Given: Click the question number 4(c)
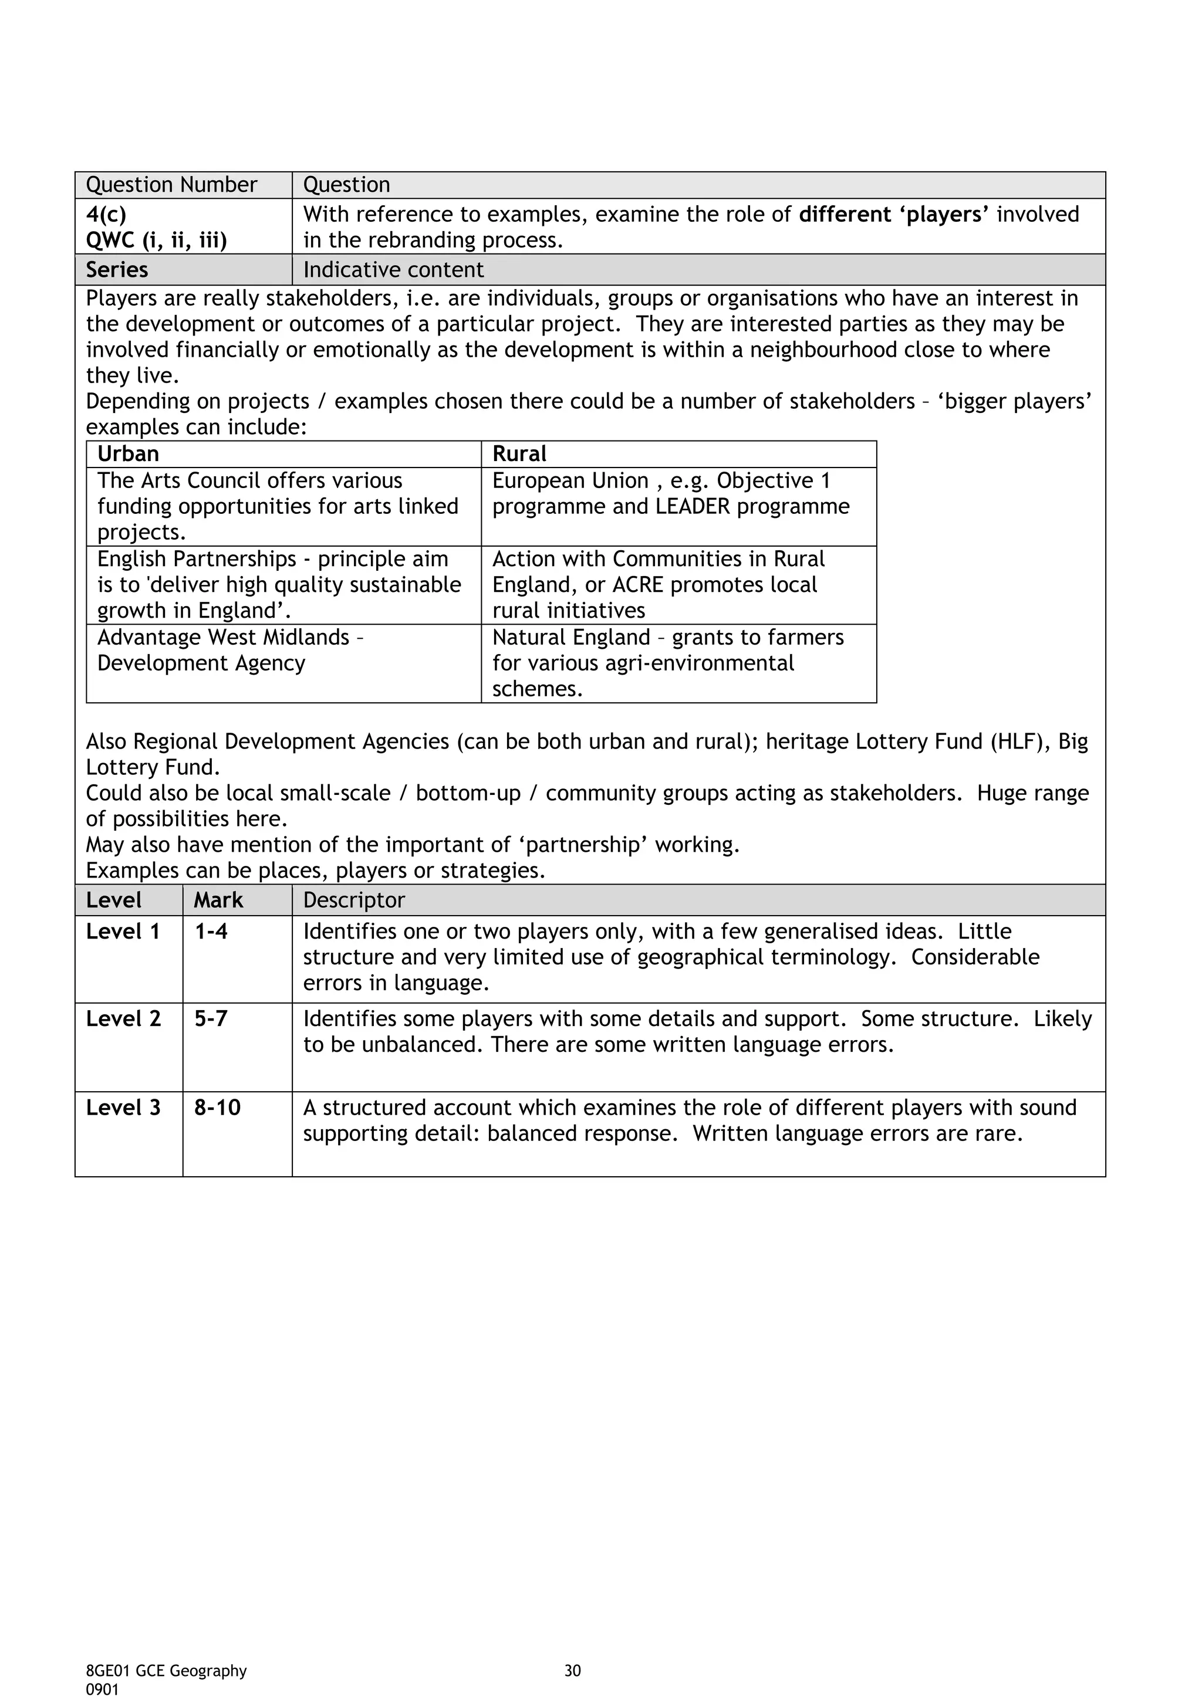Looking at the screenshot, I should pos(106,215).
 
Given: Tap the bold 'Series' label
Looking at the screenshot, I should pos(117,269).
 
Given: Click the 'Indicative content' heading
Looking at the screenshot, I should pos(393,269).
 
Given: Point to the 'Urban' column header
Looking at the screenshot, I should pos(128,454).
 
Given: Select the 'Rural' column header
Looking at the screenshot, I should pos(519,454).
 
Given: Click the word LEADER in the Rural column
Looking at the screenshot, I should pos(690,506).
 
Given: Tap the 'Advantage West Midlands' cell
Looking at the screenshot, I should pos(223,638).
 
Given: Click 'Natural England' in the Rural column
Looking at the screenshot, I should pos(570,638).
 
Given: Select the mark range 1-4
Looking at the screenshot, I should pos(211,932).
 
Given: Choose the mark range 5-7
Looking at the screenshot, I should pos(211,1019).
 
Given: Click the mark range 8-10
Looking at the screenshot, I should pos(217,1108).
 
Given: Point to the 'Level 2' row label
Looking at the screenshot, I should pos(123,1019).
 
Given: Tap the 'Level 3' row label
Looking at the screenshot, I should pos(123,1108).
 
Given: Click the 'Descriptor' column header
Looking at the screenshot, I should pos(354,900).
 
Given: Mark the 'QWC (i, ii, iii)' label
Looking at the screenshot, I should pos(156,241).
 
